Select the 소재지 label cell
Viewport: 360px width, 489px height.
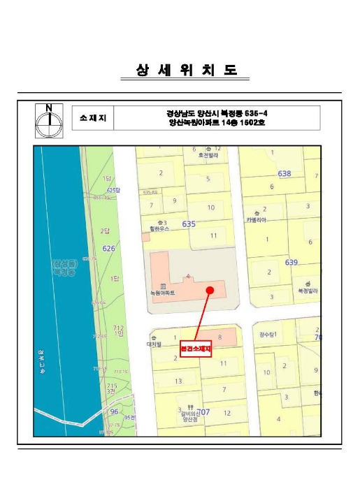coord(93,117)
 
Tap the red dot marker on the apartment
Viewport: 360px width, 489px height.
coord(210,290)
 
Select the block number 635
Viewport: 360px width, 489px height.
coord(189,224)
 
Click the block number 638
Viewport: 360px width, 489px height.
coord(284,173)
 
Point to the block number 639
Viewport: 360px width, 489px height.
coord(291,262)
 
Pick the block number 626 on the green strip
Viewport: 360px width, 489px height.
coord(109,248)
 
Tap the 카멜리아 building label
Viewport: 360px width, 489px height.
coord(256,219)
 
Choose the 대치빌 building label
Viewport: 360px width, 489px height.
coord(154,344)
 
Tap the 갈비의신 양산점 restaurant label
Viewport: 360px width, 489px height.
coord(188,417)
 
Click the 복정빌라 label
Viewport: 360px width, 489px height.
coord(308,289)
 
